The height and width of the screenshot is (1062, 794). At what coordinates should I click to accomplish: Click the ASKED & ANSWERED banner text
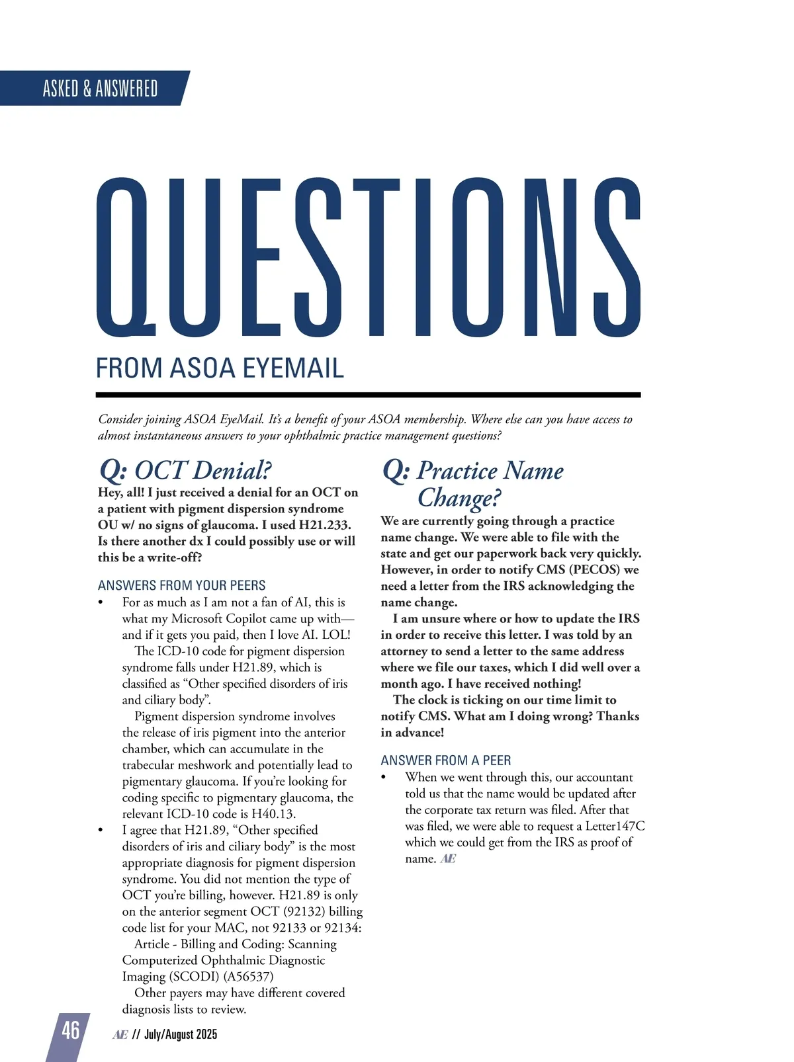(100, 89)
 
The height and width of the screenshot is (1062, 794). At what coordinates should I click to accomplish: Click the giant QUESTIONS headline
(368, 259)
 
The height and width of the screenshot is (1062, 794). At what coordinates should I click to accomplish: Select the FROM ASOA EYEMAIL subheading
(220, 368)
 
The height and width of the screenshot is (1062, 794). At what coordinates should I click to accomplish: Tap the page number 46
(70, 1030)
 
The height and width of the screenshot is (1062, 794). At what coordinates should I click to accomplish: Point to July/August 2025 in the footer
(181, 1034)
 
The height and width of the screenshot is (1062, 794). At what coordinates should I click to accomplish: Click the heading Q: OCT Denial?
(185, 470)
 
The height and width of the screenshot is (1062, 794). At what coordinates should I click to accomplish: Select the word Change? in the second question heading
(459, 497)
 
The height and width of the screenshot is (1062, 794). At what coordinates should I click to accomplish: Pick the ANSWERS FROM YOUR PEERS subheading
(181, 585)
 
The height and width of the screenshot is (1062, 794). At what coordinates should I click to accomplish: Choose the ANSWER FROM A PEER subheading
(446, 760)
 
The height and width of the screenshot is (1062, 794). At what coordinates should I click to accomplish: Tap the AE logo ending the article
(448, 859)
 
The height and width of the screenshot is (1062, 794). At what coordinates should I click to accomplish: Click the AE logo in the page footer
(120, 1035)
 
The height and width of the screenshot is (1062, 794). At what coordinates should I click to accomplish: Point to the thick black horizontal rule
(368, 395)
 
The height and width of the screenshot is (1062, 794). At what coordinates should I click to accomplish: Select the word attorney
(404, 651)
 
